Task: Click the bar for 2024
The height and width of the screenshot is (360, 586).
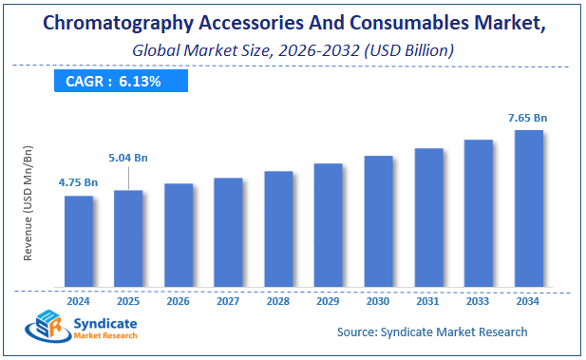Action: click(x=79, y=241)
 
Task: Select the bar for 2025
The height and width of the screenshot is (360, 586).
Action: click(x=128, y=238)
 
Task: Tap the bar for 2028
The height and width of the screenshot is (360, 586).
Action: click(x=278, y=229)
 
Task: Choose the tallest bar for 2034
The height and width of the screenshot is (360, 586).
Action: click(x=528, y=208)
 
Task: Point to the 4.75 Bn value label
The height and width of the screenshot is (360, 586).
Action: click(x=78, y=181)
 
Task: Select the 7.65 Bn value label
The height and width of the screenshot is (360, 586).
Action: click(x=527, y=117)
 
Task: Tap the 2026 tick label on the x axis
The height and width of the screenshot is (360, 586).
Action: click(x=178, y=301)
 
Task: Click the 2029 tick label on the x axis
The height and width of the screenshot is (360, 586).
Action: click(x=328, y=301)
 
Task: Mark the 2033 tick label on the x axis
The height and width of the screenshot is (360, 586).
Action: click(x=478, y=301)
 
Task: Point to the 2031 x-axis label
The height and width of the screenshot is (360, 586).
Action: click(x=427, y=301)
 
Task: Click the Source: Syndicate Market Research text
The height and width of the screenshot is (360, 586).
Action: click(x=432, y=332)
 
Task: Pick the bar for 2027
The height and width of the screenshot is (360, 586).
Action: click(x=228, y=233)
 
